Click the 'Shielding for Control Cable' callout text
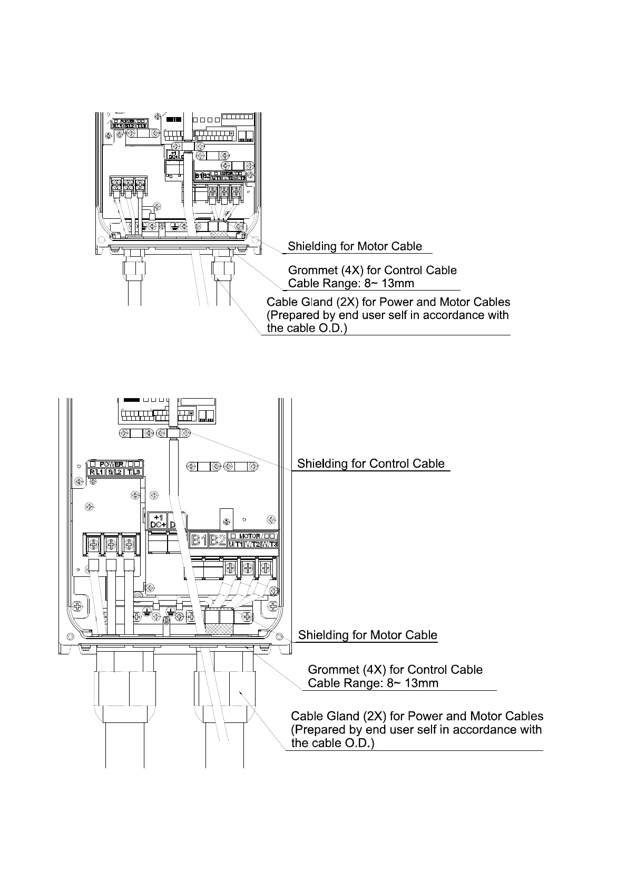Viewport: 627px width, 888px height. [371, 464]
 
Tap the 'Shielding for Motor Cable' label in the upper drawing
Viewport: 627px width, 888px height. [355, 246]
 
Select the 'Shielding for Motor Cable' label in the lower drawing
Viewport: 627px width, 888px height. [367, 635]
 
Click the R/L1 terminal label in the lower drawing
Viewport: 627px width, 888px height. [96, 472]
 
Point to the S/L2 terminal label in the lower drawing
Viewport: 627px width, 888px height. [114, 472]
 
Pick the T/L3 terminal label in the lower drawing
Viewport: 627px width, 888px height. [132, 472]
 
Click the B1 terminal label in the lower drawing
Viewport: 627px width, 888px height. [198, 540]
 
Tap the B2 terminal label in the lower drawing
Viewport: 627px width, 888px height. [217, 540]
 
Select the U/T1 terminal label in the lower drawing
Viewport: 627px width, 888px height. [235, 544]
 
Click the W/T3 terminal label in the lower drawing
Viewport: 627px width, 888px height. [269, 544]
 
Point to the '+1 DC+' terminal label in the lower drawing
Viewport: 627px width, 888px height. [159, 520]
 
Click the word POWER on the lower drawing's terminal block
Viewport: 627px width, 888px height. [111, 465]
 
